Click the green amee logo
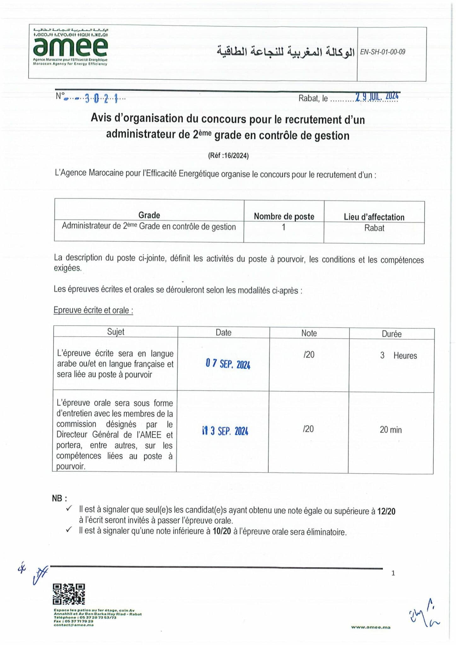70,47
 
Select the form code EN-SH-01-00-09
383,52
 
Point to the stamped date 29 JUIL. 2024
377,96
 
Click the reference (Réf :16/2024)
228,156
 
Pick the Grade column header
149,215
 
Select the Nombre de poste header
284,216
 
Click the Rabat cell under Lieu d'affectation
374,228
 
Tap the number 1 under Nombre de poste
283,227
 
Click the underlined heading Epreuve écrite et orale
93,310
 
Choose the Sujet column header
116,332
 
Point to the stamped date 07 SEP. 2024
228,364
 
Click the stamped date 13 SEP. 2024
225,431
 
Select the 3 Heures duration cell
398,356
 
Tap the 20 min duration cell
390,430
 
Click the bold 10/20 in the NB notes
222,531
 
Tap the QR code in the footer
69,594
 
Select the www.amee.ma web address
371,627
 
